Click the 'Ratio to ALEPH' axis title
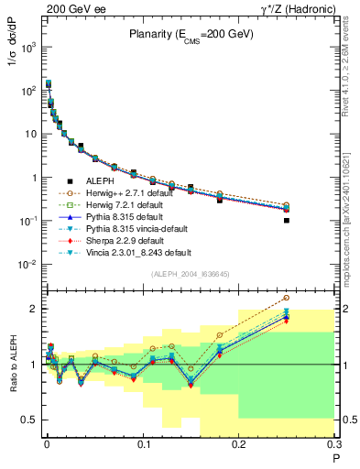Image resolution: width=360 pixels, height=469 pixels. click(x=12, y=365)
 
